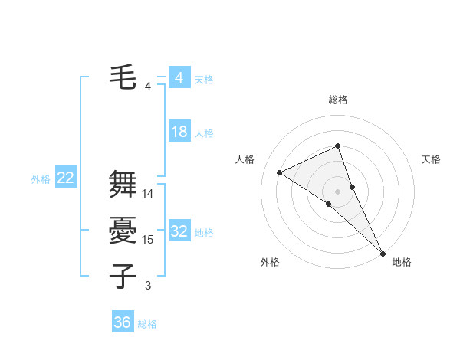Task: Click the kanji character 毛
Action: pyautogui.click(x=123, y=77)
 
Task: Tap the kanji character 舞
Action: pyautogui.click(x=123, y=185)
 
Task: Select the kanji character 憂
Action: pyautogui.click(x=123, y=231)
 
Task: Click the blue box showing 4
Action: pyautogui.click(x=179, y=78)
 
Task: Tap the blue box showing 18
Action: pyautogui.click(x=179, y=132)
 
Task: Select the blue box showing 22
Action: pyautogui.click(x=65, y=178)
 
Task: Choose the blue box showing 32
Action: pyautogui.click(x=179, y=231)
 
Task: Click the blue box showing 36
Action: pyautogui.click(x=122, y=322)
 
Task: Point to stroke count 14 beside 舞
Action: pyautogui.click(x=148, y=194)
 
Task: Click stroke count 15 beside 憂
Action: pyautogui.click(x=148, y=240)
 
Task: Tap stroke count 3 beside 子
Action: pyautogui.click(x=148, y=286)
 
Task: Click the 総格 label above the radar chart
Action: pyautogui.click(x=337, y=100)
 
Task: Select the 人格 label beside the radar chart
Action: pyautogui.click(x=245, y=159)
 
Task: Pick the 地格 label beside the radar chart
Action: pyautogui.click(x=402, y=262)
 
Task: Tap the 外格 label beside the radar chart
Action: pyautogui.click(x=270, y=262)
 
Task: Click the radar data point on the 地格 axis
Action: pyautogui.click(x=382, y=252)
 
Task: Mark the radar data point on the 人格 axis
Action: pyautogui.click(x=280, y=172)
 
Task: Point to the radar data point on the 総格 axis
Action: pyautogui.click(x=337, y=146)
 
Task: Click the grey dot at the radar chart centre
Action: pyautogui.click(x=337, y=191)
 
